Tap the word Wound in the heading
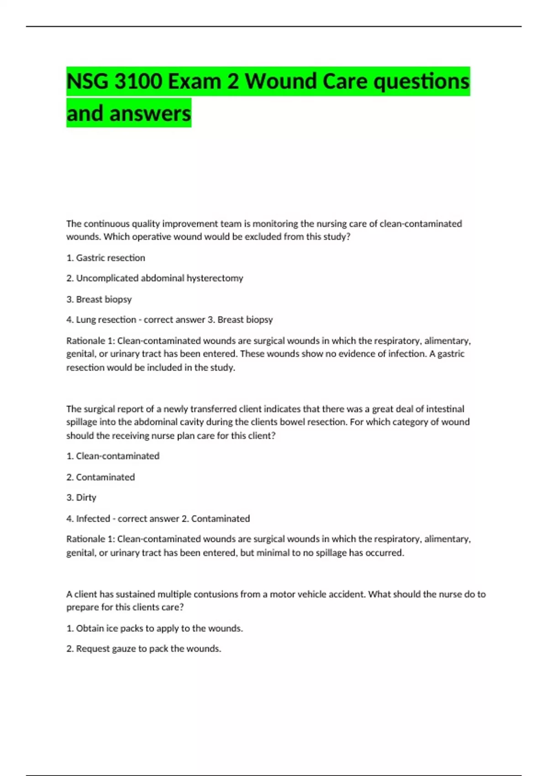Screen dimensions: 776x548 coord(281,82)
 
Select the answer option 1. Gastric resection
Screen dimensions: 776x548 coord(105,258)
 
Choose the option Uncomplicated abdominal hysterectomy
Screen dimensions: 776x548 coord(155,278)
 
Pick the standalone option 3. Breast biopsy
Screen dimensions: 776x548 coord(99,299)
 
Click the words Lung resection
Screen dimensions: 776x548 coord(106,320)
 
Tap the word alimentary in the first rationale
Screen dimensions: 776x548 coord(447,341)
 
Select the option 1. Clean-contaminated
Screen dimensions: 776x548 coord(113,456)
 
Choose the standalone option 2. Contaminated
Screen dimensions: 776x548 coord(100,477)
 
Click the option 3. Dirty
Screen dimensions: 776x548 coord(81,498)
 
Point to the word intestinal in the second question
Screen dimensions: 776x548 coord(445,409)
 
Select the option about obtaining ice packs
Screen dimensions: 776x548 coord(154,629)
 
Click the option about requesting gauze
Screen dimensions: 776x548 coord(143,649)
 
